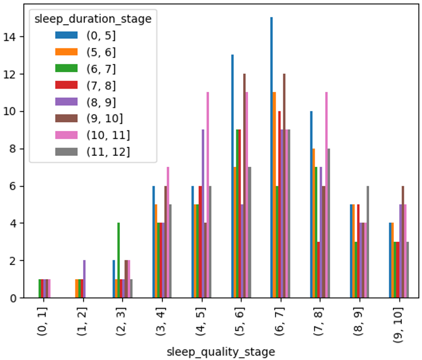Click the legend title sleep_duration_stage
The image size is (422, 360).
[x=93, y=19]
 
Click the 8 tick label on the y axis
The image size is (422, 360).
[x=13, y=149]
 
